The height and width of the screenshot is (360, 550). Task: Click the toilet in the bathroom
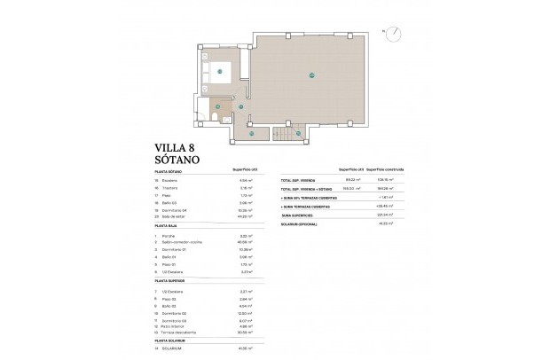pos(214,116)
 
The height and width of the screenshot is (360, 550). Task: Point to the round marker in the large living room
pos(311,75)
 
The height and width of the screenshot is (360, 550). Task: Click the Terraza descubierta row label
pos(181,326)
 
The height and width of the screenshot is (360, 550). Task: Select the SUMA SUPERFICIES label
pos(298,214)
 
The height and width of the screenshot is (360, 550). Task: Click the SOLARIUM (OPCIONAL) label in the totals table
pos(302,223)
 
